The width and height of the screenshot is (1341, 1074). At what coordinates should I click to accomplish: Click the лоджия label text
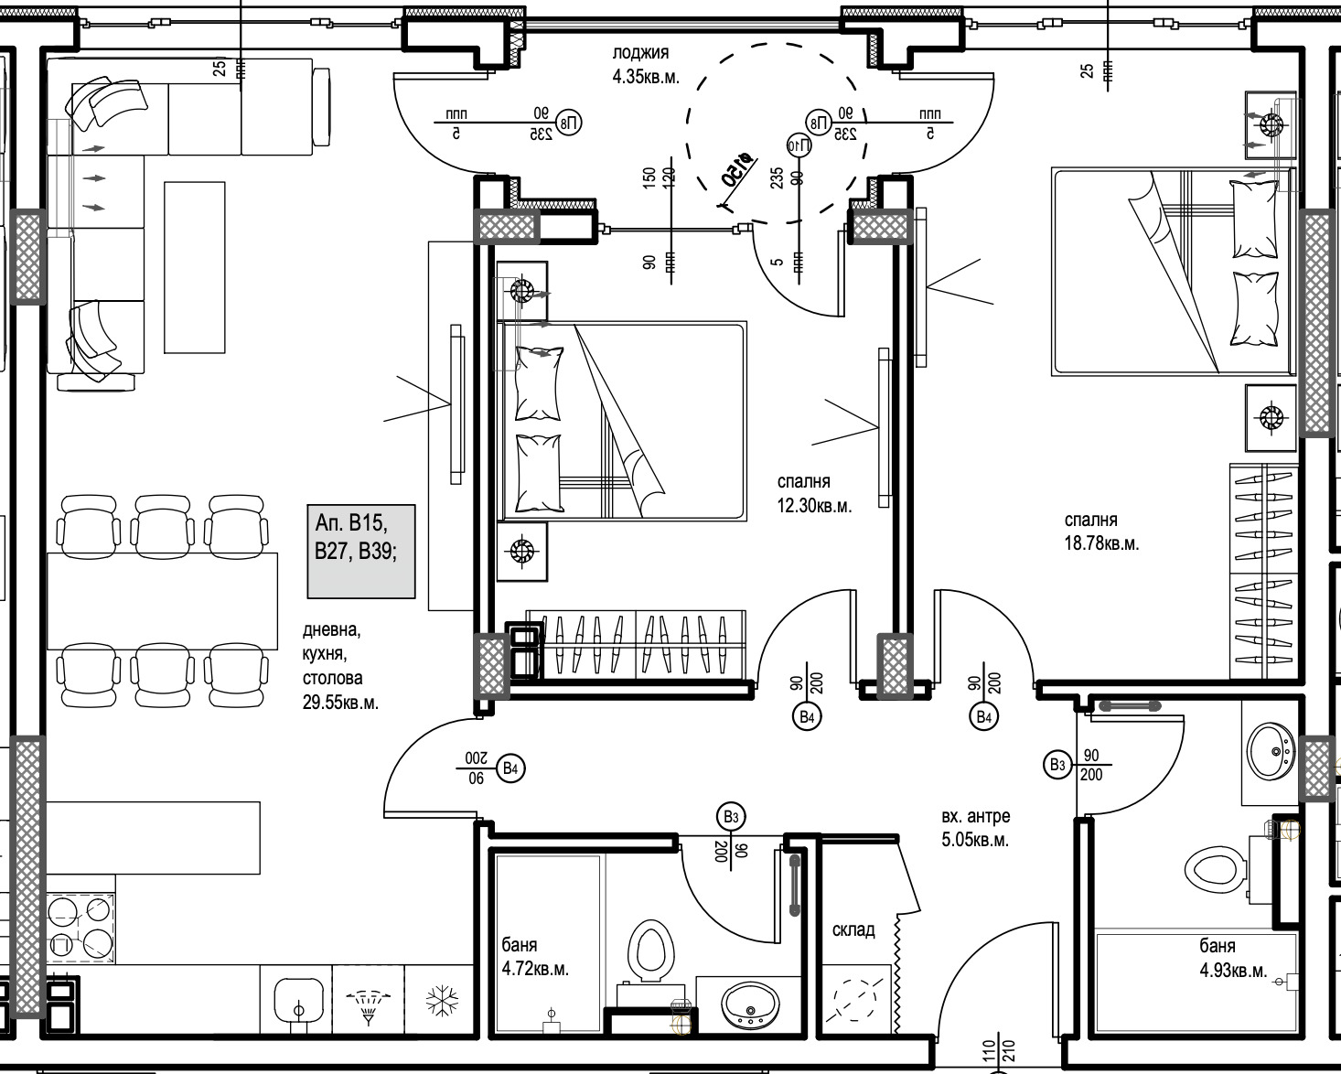pos(640,53)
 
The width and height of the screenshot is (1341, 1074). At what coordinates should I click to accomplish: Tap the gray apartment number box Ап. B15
pos(361,551)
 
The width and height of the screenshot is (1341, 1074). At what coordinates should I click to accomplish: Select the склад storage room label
pos(853,930)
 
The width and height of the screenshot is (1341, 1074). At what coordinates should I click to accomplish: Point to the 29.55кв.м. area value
pos(340,703)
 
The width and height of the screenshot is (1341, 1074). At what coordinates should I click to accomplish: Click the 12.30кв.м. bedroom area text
pos(814,505)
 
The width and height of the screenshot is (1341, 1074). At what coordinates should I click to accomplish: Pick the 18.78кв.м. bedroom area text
pos(1101,543)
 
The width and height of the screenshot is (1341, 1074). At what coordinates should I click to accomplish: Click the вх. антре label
pos(976,816)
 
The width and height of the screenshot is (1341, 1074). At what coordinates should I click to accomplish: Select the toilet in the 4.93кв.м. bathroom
pos(1216,867)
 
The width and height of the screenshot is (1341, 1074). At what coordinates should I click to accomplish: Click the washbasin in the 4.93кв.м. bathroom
pos(1271,751)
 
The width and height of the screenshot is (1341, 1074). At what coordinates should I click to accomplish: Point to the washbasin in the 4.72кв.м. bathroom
pos(749,1006)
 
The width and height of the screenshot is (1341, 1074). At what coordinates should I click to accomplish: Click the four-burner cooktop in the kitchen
pos(80,926)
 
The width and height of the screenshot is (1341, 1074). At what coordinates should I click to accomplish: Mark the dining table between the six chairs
pos(162,600)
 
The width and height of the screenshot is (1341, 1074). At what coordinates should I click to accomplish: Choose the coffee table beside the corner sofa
pos(194,267)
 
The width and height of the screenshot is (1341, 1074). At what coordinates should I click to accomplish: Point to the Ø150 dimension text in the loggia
pos(737,170)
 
